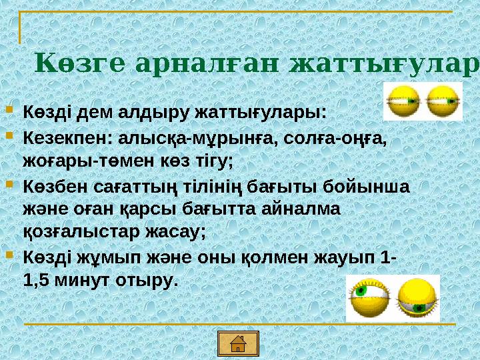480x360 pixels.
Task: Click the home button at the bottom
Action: [237, 343]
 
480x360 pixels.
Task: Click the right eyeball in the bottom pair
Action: [418, 298]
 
